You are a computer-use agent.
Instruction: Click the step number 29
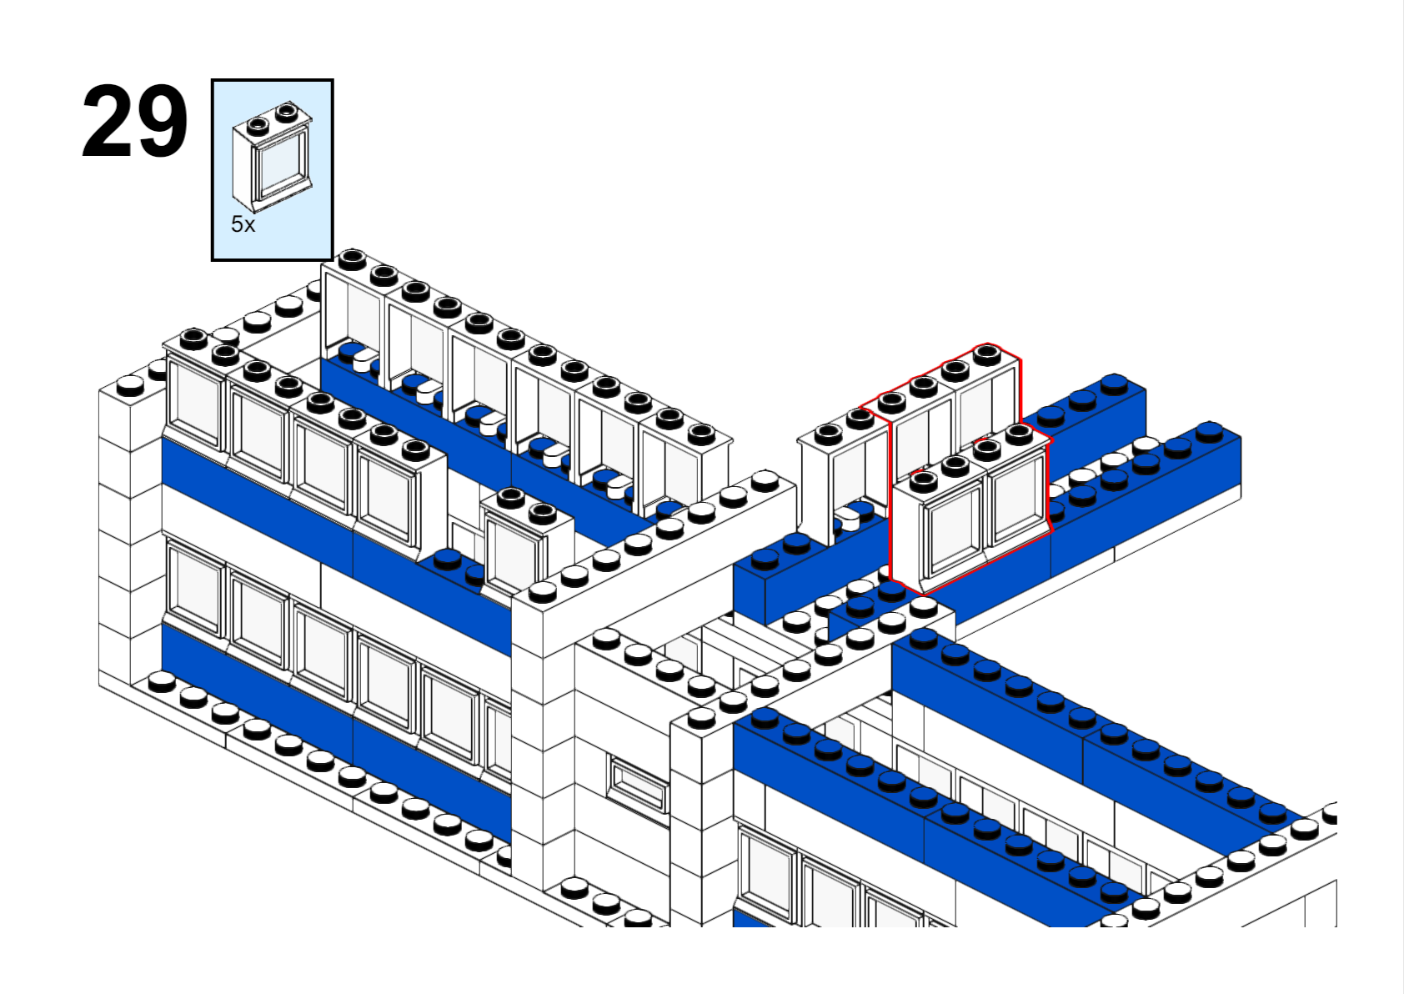[x=134, y=121]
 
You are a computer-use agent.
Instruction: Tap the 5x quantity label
[x=243, y=223]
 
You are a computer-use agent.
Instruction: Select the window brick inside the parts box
[x=272, y=157]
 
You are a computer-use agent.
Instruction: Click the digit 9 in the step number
[x=163, y=121]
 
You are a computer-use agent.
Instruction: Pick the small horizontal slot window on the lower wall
[x=638, y=783]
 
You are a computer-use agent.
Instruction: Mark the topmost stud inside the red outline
[x=987, y=355]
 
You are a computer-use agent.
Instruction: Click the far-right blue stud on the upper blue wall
[x=1211, y=432]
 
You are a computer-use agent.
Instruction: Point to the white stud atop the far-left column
[x=130, y=385]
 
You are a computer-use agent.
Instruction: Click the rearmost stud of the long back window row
[x=352, y=259]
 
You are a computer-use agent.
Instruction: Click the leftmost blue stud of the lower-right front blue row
[x=764, y=718]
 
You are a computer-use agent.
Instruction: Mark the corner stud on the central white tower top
[x=543, y=591]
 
